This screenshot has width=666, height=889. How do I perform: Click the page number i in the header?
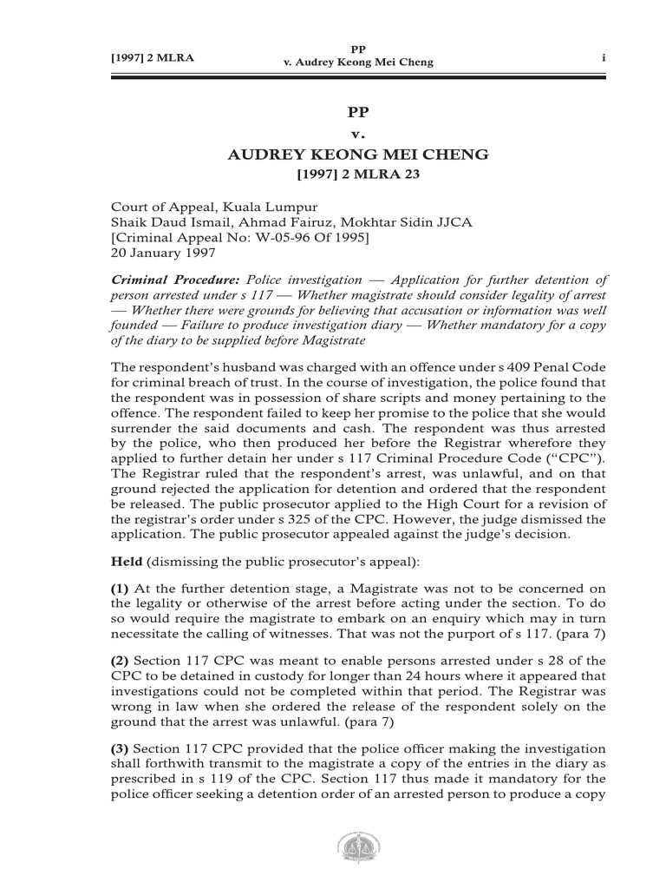pyautogui.click(x=602, y=57)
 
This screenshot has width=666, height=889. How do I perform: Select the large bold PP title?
pyautogui.click(x=357, y=111)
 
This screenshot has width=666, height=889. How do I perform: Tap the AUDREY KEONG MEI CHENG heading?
pyautogui.click(x=357, y=155)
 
